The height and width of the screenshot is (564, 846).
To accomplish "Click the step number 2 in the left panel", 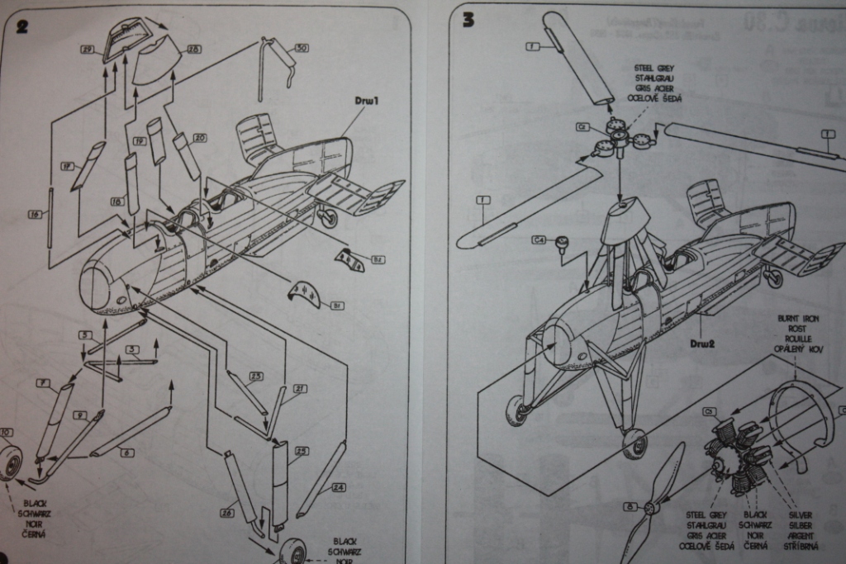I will click(x=21, y=26).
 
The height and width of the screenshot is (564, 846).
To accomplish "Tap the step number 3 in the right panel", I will click(x=468, y=20).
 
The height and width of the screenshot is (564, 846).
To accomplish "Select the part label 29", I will click(x=87, y=50).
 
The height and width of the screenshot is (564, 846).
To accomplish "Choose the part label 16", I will click(x=35, y=214).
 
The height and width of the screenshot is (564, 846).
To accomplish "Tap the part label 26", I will click(x=227, y=512).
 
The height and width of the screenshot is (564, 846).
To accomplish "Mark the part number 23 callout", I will click(x=255, y=377).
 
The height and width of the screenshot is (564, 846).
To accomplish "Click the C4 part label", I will click(x=539, y=240).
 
